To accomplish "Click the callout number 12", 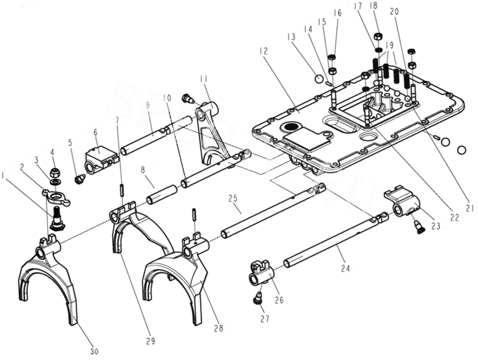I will [x=264, y=51].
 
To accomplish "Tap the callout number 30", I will [x=94, y=351].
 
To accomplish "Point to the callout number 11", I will [x=203, y=79].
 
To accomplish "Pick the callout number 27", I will [x=264, y=319].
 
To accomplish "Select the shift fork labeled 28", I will [x=175, y=276].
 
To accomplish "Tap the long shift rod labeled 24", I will [x=329, y=239].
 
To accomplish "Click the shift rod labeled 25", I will [x=271, y=210].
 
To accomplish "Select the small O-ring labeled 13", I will [x=319, y=79].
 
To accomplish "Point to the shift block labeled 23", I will [x=403, y=201].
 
